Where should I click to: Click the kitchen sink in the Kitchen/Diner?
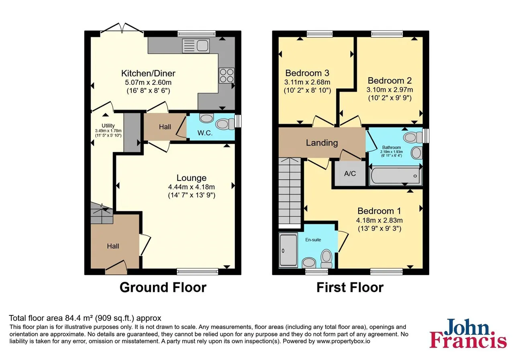(x=196, y=45)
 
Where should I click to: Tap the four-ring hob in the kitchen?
(x=227, y=75)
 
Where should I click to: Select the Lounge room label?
(x=192, y=178)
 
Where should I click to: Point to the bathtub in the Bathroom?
(x=396, y=176)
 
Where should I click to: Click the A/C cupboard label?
(x=350, y=174)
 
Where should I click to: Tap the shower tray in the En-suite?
(x=288, y=250)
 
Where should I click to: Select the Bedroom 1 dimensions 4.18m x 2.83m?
(x=379, y=221)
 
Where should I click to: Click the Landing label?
(x=322, y=143)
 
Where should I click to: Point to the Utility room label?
(x=108, y=126)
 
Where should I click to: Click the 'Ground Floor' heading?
(x=163, y=287)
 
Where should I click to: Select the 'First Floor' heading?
(x=350, y=287)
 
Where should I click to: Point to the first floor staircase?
(x=290, y=192)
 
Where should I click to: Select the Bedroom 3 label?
(x=307, y=73)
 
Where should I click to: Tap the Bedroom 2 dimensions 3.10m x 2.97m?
(x=390, y=90)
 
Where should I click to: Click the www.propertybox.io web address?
(x=343, y=341)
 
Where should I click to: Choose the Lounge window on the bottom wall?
(x=197, y=272)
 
